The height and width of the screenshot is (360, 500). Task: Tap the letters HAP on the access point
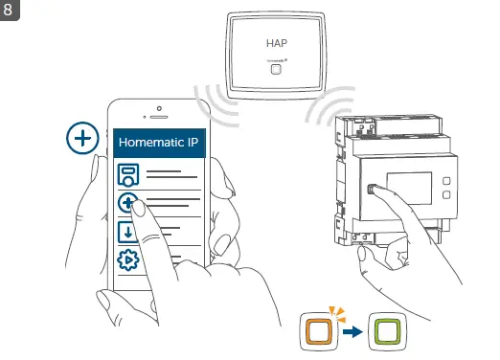(276, 44)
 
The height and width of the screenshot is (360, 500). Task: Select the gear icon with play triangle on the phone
(127, 261)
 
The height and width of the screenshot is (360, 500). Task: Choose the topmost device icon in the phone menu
(127, 175)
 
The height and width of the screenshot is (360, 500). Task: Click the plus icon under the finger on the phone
(127, 203)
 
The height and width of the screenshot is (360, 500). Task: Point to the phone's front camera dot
(158, 106)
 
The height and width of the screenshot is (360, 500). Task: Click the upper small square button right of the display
(446, 179)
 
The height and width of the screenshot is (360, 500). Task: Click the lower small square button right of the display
(446, 195)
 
